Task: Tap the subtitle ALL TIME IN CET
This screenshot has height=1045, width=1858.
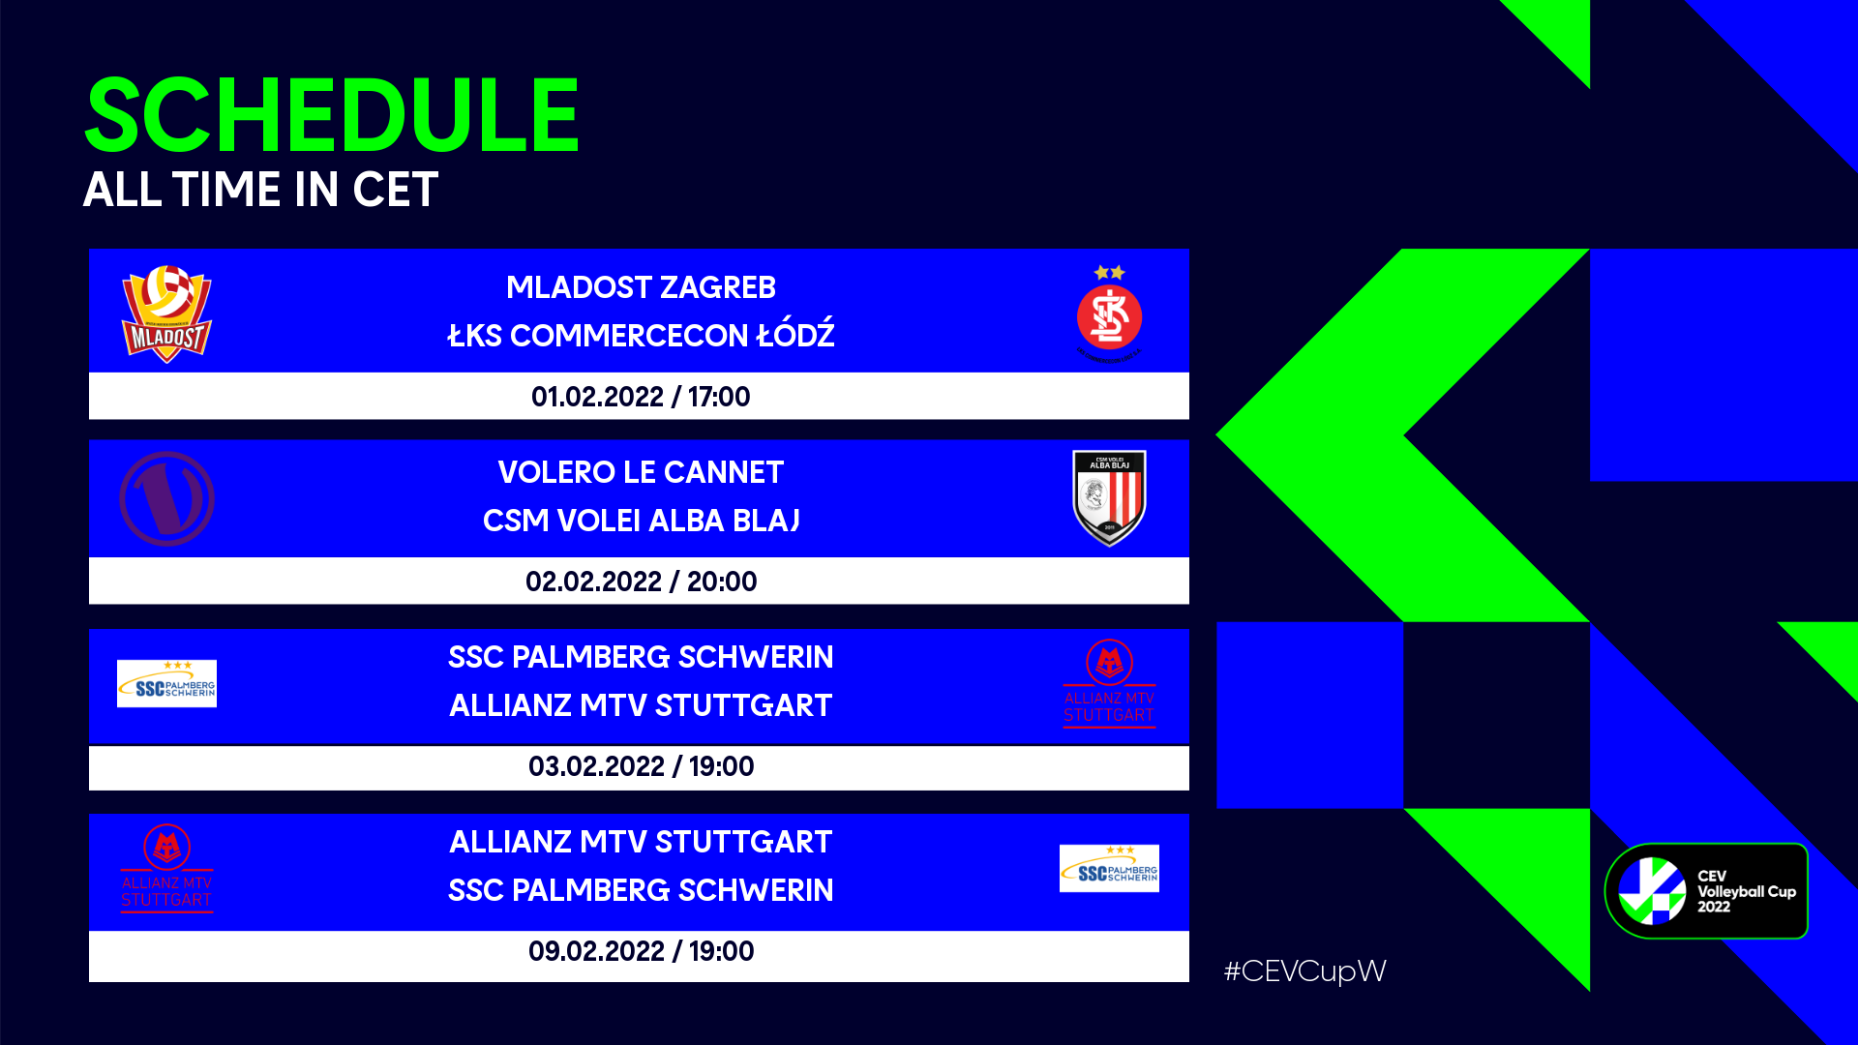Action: click(260, 190)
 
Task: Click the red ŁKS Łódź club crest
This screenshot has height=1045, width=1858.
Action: click(1109, 314)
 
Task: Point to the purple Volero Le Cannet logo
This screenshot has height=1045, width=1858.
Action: click(166, 499)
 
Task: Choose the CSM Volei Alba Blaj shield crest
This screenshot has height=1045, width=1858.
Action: click(1109, 498)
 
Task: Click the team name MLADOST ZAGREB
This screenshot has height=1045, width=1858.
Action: click(641, 287)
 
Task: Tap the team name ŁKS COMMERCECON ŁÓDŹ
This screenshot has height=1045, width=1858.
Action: click(641, 335)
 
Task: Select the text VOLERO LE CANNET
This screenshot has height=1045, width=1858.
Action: click(641, 472)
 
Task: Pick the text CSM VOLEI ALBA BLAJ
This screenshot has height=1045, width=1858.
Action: click(641, 521)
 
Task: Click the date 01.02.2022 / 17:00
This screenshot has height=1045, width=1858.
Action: click(641, 397)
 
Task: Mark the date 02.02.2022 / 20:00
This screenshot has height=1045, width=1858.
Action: click(641, 582)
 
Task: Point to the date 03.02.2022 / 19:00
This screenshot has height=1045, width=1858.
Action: click(641, 766)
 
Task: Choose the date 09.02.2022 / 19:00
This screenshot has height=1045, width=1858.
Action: click(641, 951)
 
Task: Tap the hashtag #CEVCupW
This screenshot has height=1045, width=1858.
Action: click(1304, 971)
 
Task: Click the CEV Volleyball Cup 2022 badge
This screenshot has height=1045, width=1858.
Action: click(1707, 891)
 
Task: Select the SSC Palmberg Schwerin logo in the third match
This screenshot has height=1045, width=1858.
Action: click(166, 683)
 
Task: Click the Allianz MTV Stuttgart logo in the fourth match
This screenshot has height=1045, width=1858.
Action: click(166, 868)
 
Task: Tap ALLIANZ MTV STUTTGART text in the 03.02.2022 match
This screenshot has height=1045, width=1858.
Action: click(641, 705)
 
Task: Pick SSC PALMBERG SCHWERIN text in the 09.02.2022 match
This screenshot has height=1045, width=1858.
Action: click(641, 890)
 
